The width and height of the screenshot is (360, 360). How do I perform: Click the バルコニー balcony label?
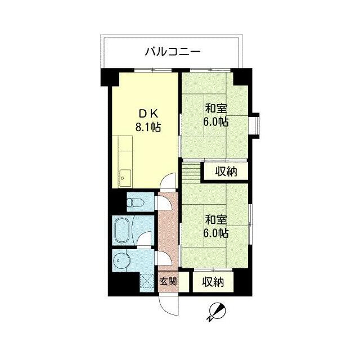[173, 52]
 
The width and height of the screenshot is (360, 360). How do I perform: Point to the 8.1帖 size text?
[148, 127]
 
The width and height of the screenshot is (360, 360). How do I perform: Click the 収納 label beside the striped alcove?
[224, 171]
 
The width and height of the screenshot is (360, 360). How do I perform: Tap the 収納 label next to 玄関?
[213, 281]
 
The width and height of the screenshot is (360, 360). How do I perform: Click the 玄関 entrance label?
[167, 281]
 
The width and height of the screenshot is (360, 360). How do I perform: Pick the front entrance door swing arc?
[167, 304]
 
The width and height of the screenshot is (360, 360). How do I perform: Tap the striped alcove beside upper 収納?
[191, 170]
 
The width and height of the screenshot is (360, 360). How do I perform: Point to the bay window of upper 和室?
[254, 124]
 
